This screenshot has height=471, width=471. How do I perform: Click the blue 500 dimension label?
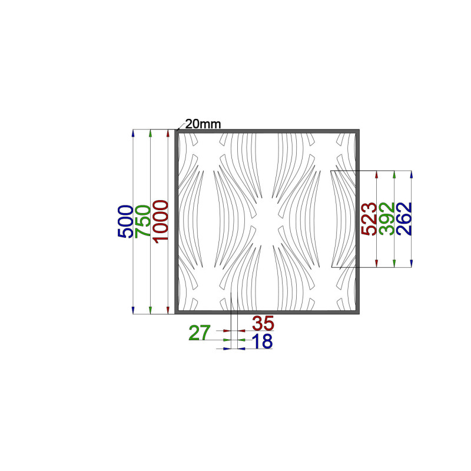[125, 222]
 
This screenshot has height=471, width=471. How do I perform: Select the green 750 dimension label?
[142, 222]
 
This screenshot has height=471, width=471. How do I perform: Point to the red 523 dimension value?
[369, 218]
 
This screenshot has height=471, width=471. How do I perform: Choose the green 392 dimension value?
[387, 218]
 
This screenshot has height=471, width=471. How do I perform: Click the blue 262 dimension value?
[404, 218]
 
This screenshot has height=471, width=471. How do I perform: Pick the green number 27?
[200, 333]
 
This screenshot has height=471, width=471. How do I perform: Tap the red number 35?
[263, 323]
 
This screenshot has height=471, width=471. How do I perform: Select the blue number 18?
[262, 341]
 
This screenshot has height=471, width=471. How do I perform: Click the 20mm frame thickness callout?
[203, 124]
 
